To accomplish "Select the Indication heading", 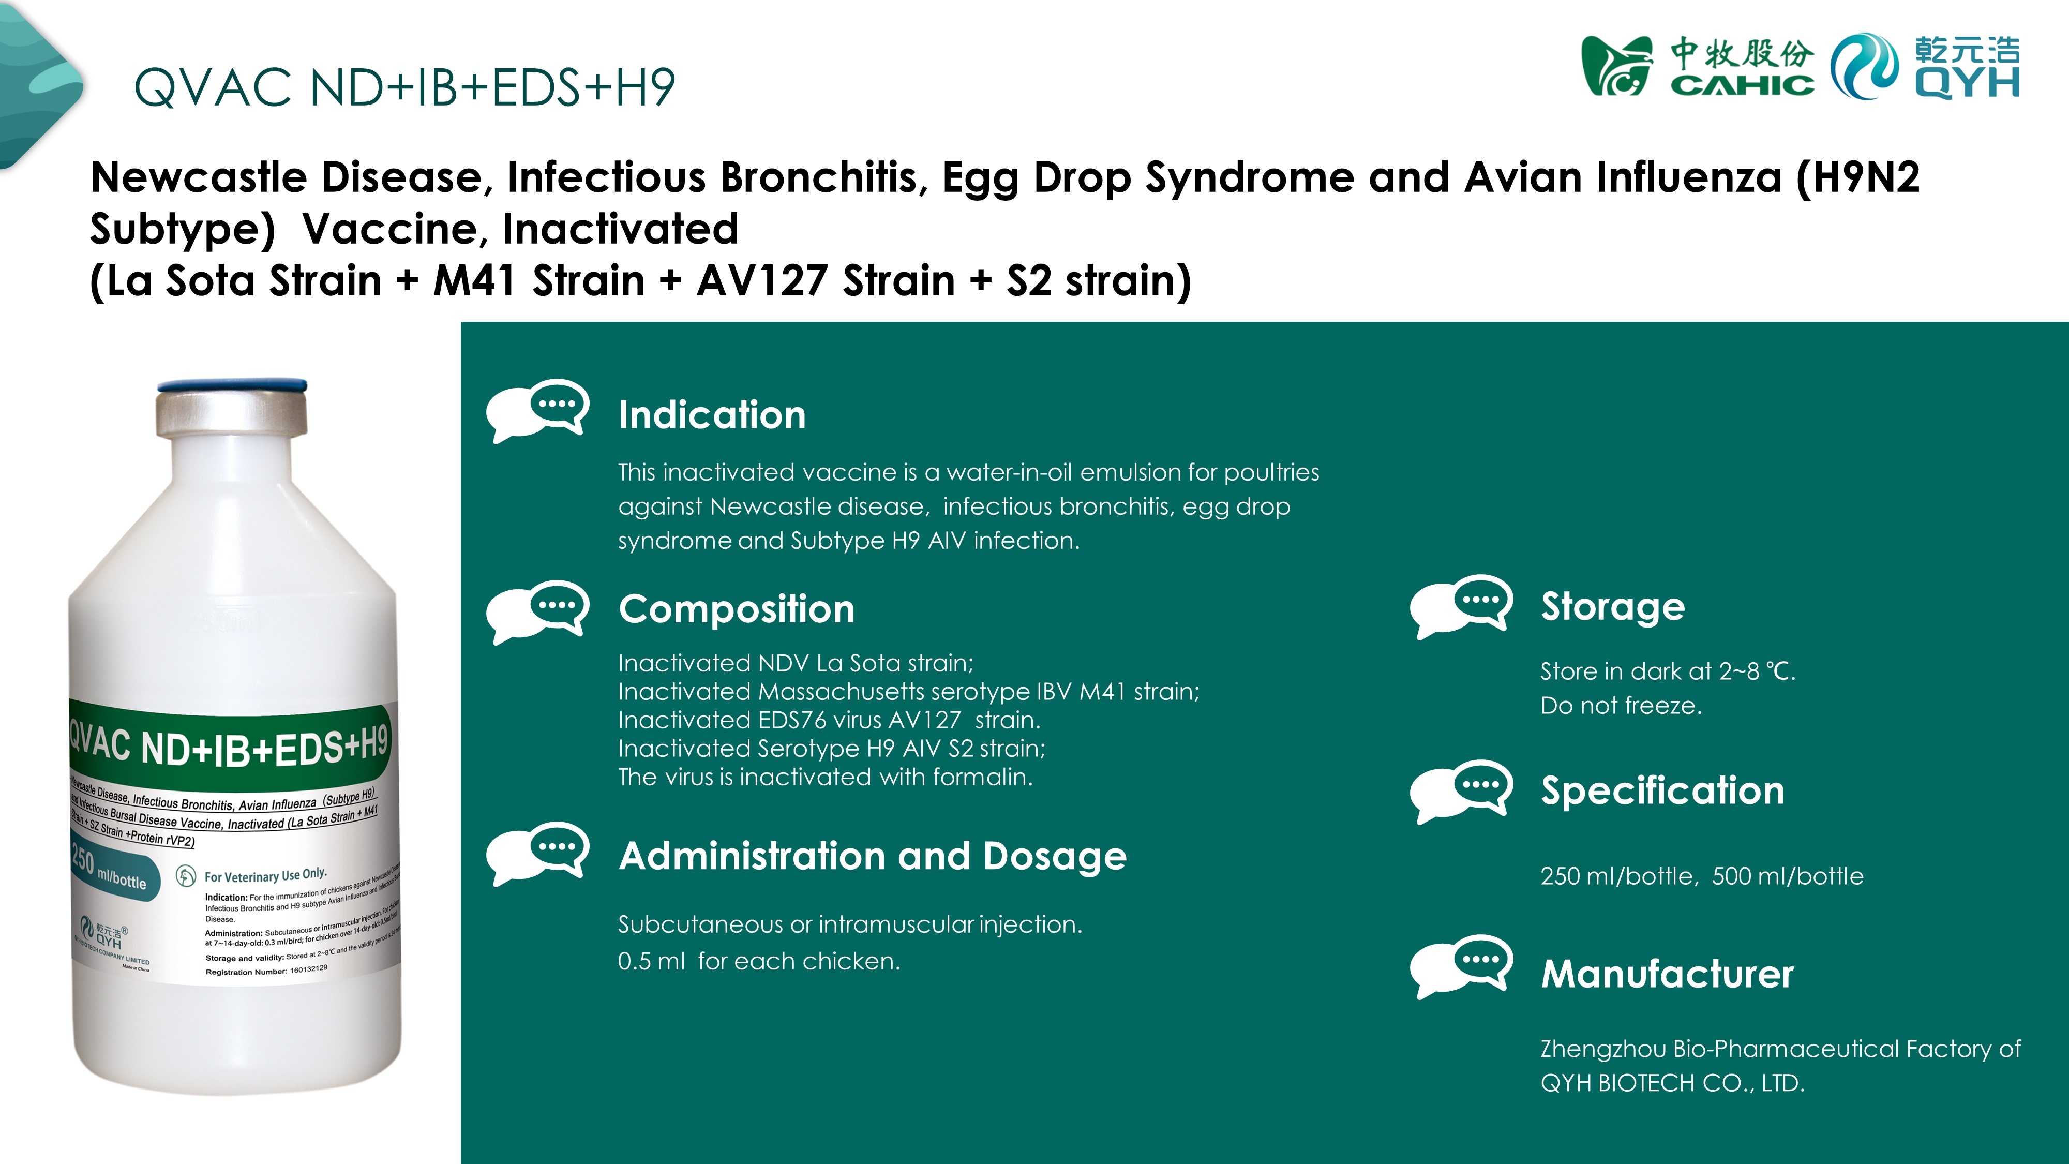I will tap(712, 415).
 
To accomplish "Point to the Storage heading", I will tap(1612, 606).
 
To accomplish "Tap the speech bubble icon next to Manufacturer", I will tap(1461, 966).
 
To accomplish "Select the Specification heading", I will tap(1662, 790).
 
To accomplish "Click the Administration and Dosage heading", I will tap(872, 856).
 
